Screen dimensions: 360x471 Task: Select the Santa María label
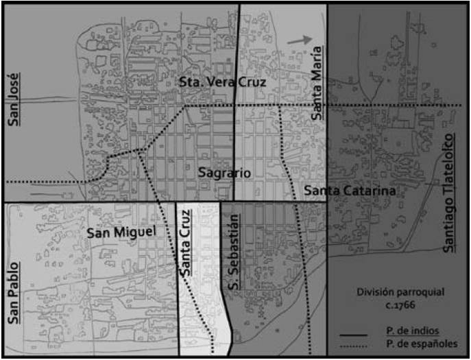(x=317, y=81)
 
